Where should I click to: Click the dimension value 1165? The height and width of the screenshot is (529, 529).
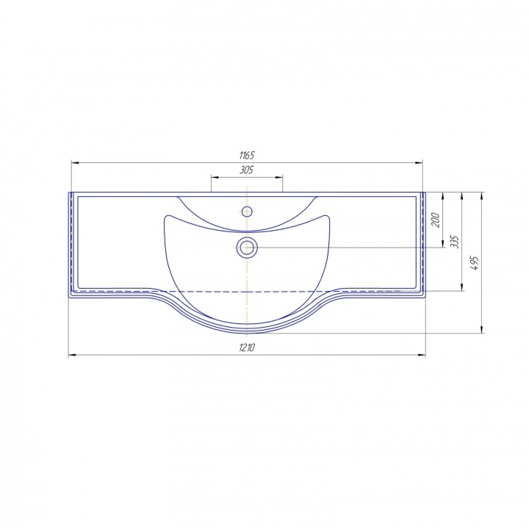[x=247, y=156]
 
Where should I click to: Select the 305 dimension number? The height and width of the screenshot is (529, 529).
[x=247, y=170]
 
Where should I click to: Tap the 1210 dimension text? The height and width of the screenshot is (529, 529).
[x=247, y=347]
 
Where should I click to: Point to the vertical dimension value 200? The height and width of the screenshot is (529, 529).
[x=436, y=220]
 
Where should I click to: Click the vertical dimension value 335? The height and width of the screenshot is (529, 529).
[x=455, y=242]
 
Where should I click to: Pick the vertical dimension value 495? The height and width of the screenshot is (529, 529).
[x=475, y=263]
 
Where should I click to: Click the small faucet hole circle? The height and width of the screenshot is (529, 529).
[x=247, y=212]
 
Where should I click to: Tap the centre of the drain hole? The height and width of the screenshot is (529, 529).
[x=247, y=248]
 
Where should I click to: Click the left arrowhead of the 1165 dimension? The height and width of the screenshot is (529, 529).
[x=75, y=163]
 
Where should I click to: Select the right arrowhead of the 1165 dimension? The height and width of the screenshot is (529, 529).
[x=419, y=163]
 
